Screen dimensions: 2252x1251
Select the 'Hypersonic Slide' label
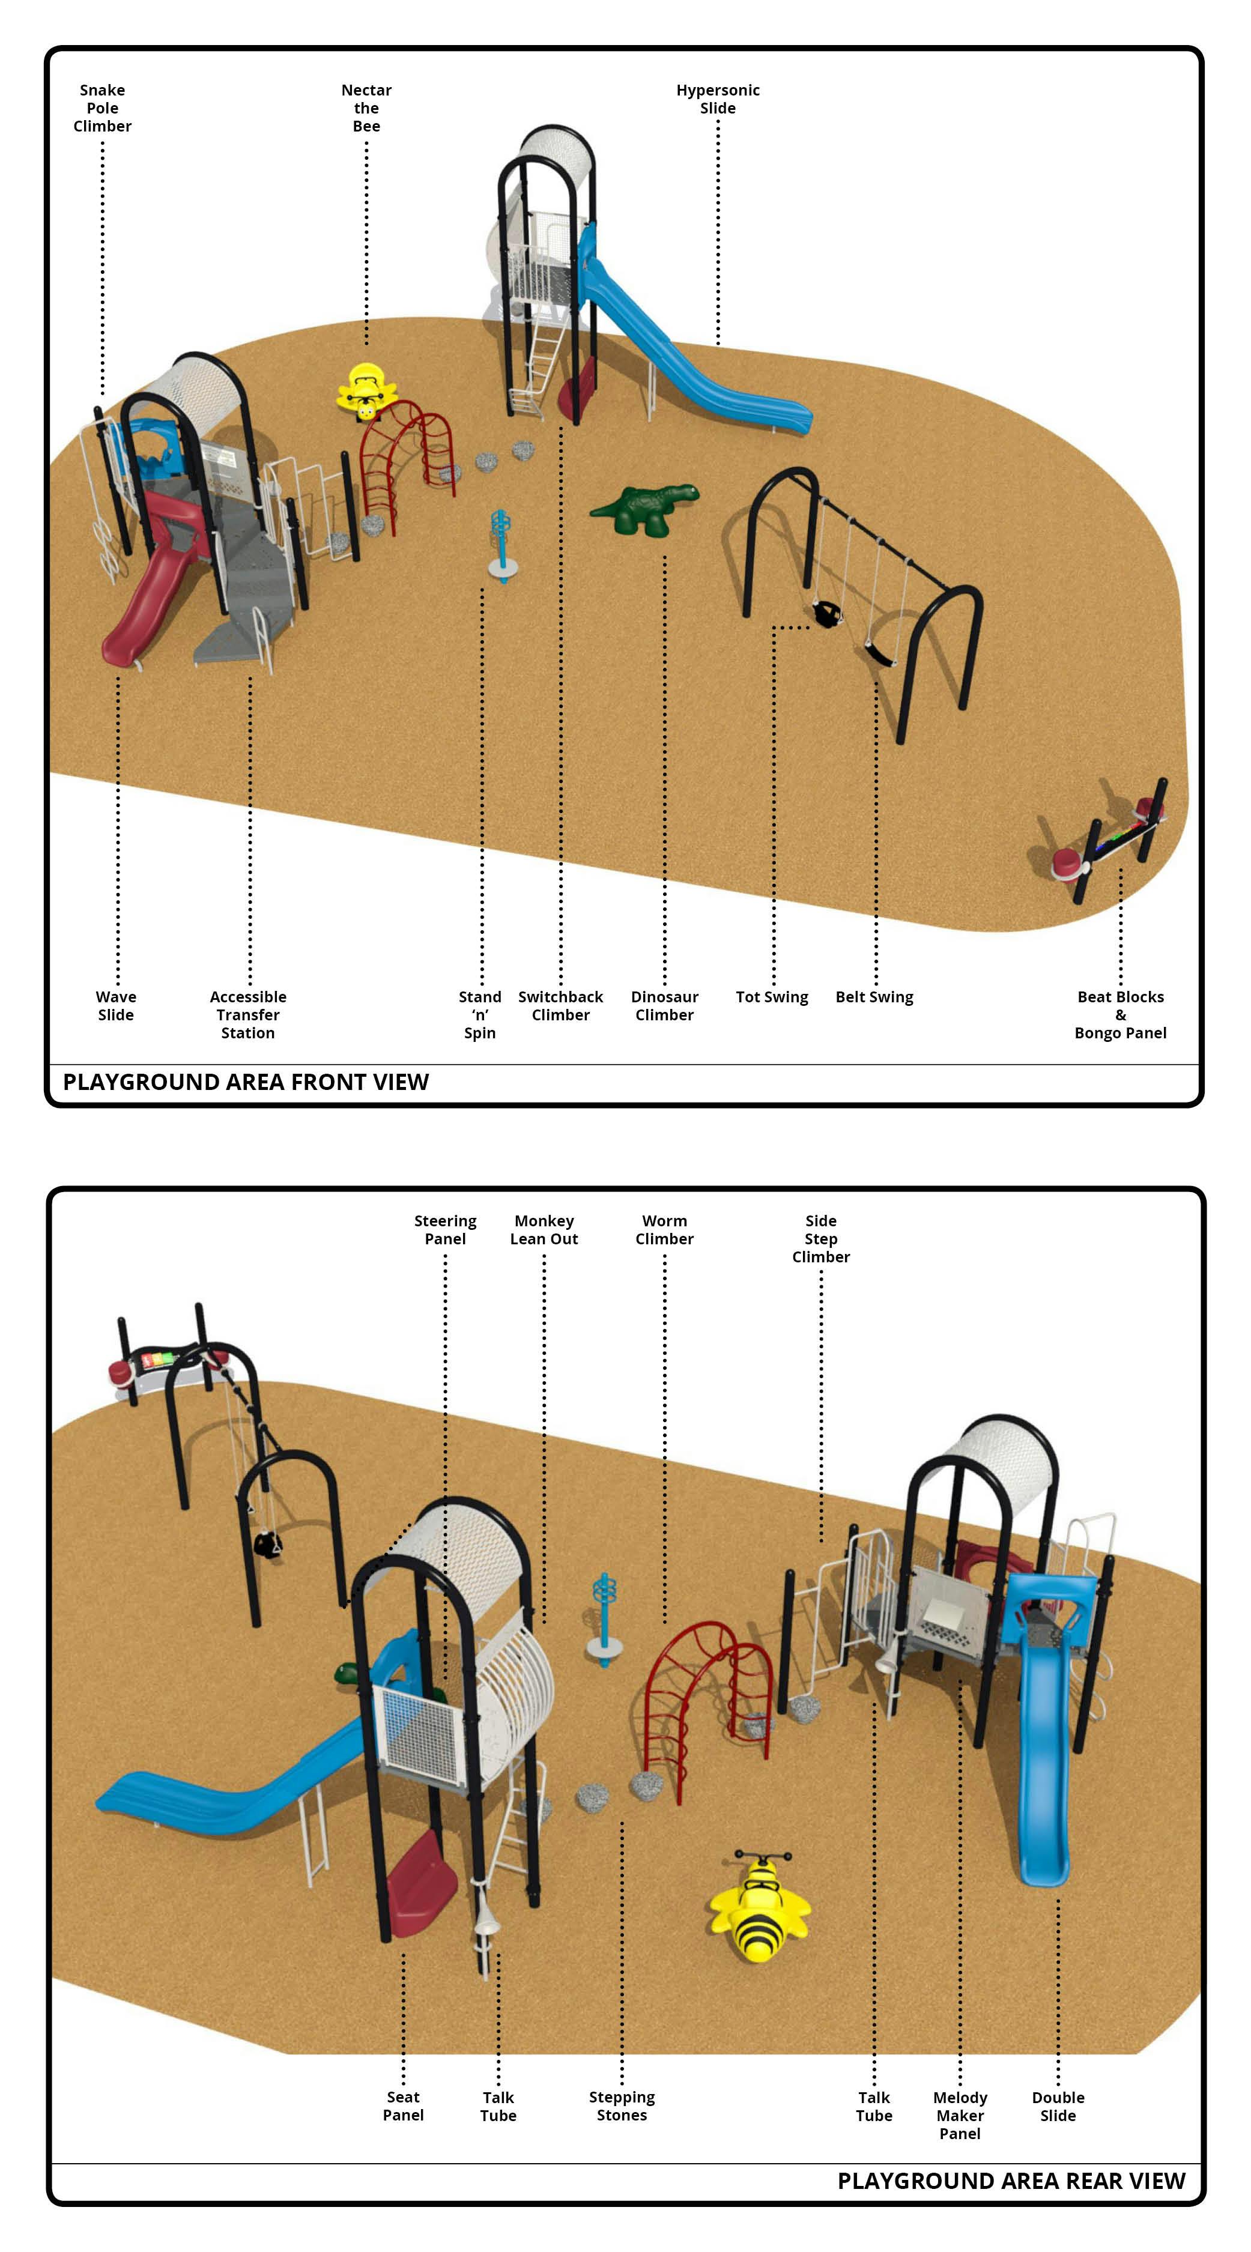pyautogui.click(x=717, y=98)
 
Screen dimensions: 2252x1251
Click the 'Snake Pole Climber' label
pyautogui.click(x=102, y=107)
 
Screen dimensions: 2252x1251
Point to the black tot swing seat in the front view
pyautogui.click(x=825, y=614)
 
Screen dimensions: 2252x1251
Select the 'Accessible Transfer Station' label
pyautogui.click(x=247, y=1014)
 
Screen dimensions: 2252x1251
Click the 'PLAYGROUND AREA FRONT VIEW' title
pyautogui.click(x=246, y=1082)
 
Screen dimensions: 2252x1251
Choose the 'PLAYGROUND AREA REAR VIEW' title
pyautogui.click(x=1011, y=2181)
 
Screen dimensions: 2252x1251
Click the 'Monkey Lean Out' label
pyautogui.click(x=544, y=1229)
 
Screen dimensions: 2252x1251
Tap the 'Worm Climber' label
pyautogui.click(x=664, y=1229)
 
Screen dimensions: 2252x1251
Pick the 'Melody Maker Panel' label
pyautogui.click(x=959, y=2114)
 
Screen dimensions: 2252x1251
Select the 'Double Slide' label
pyautogui.click(x=1057, y=2106)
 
